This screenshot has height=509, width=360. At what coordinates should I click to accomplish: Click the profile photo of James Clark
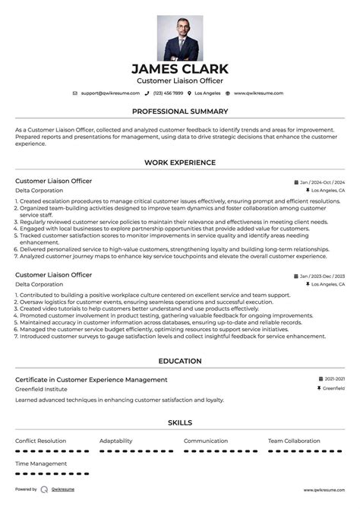180,38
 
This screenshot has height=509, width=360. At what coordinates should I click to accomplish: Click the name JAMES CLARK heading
180,69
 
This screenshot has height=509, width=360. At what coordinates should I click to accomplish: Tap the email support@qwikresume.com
110,93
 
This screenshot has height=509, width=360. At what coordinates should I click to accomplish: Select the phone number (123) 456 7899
168,93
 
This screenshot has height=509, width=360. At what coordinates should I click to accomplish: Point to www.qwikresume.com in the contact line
258,93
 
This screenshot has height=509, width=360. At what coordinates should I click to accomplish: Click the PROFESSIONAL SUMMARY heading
180,111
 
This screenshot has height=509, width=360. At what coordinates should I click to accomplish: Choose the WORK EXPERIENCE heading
180,163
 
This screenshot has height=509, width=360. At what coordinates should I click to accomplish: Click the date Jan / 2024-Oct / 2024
322,182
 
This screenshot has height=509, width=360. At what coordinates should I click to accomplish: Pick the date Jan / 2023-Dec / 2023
322,276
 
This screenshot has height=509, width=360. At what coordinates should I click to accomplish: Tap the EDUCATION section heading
180,362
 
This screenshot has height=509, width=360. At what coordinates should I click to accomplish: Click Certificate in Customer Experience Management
91,379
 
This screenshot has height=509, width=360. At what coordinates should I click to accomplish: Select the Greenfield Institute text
42,388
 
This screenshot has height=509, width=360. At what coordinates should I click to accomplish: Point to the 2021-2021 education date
334,379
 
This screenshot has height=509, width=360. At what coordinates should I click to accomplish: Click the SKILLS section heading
180,423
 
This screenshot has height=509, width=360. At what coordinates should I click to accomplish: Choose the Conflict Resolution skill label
40,441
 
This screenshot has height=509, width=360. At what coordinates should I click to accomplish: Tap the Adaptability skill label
115,441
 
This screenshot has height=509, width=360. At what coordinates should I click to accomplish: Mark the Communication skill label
205,441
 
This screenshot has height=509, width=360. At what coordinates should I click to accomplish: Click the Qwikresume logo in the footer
45,490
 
